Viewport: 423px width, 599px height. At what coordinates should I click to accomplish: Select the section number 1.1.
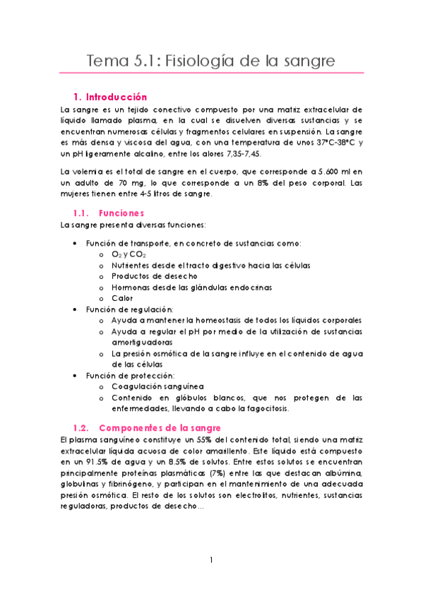83,213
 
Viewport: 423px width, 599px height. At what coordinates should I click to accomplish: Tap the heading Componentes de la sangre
160,428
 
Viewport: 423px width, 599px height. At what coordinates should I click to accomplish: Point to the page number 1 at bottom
211,560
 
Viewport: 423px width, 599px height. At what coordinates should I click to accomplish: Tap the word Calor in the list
122,298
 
